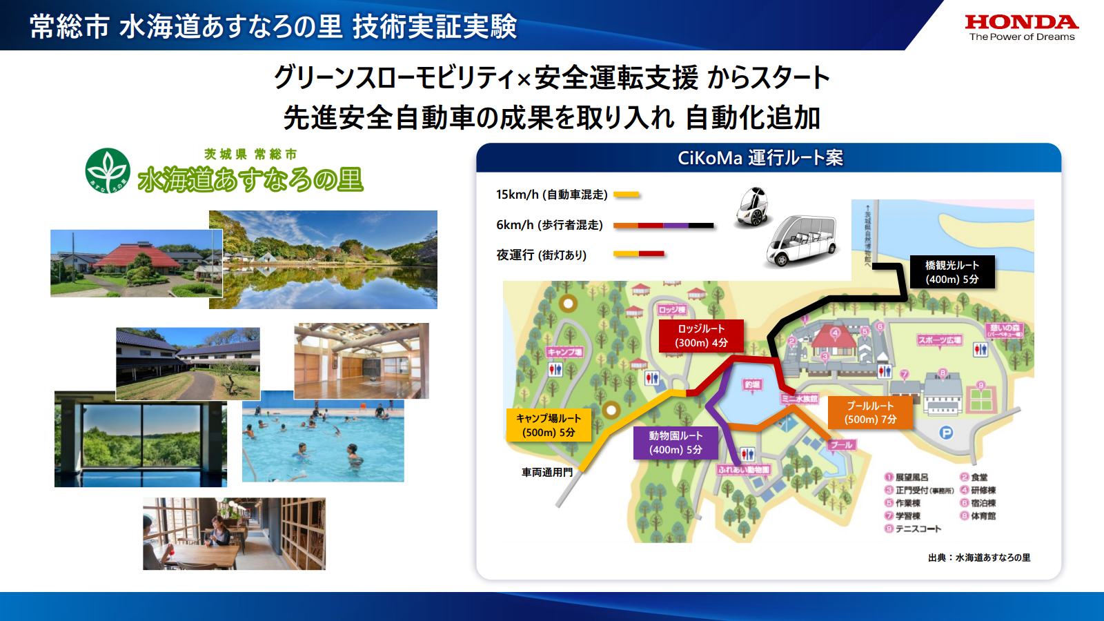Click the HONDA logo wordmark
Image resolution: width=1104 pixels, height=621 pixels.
tap(1021, 22)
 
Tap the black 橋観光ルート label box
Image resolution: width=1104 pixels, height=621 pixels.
tap(952, 272)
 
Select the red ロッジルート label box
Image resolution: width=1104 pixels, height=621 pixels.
tap(701, 335)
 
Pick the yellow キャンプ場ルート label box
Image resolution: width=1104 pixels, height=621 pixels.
tap(549, 425)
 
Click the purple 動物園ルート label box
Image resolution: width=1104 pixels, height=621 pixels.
tap(676, 442)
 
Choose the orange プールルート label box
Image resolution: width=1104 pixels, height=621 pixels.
tap(870, 412)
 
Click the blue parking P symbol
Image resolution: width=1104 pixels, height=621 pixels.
tap(947, 433)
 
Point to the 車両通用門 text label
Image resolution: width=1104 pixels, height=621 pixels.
tap(546, 473)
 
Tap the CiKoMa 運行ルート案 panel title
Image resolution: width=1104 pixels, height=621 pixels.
tap(760, 158)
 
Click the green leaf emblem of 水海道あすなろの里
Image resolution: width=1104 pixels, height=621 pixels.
tap(108, 170)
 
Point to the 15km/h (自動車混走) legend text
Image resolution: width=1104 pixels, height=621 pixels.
tap(551, 195)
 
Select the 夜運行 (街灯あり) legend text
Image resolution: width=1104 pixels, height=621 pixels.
tap(541, 255)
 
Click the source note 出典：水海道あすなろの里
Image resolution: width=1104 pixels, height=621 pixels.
tap(978, 558)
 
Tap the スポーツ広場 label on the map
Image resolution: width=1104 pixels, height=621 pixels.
tap(939, 340)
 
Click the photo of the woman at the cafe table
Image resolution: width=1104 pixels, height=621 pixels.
tap(234, 533)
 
